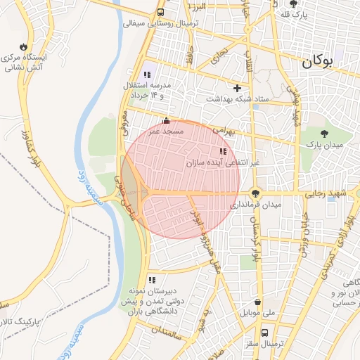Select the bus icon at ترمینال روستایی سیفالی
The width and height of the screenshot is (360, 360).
click(x=162, y=13)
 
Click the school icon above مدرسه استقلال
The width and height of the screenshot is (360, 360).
click(x=147, y=74)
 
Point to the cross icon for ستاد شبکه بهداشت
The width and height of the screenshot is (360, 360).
click(x=237, y=89)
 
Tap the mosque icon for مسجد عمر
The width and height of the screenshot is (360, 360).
click(x=166, y=120)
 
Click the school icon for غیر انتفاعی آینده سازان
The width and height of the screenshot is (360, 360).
click(x=223, y=151)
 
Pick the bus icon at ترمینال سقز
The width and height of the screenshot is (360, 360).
click(x=264, y=333)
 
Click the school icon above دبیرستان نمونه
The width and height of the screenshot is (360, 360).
click(x=152, y=280)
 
